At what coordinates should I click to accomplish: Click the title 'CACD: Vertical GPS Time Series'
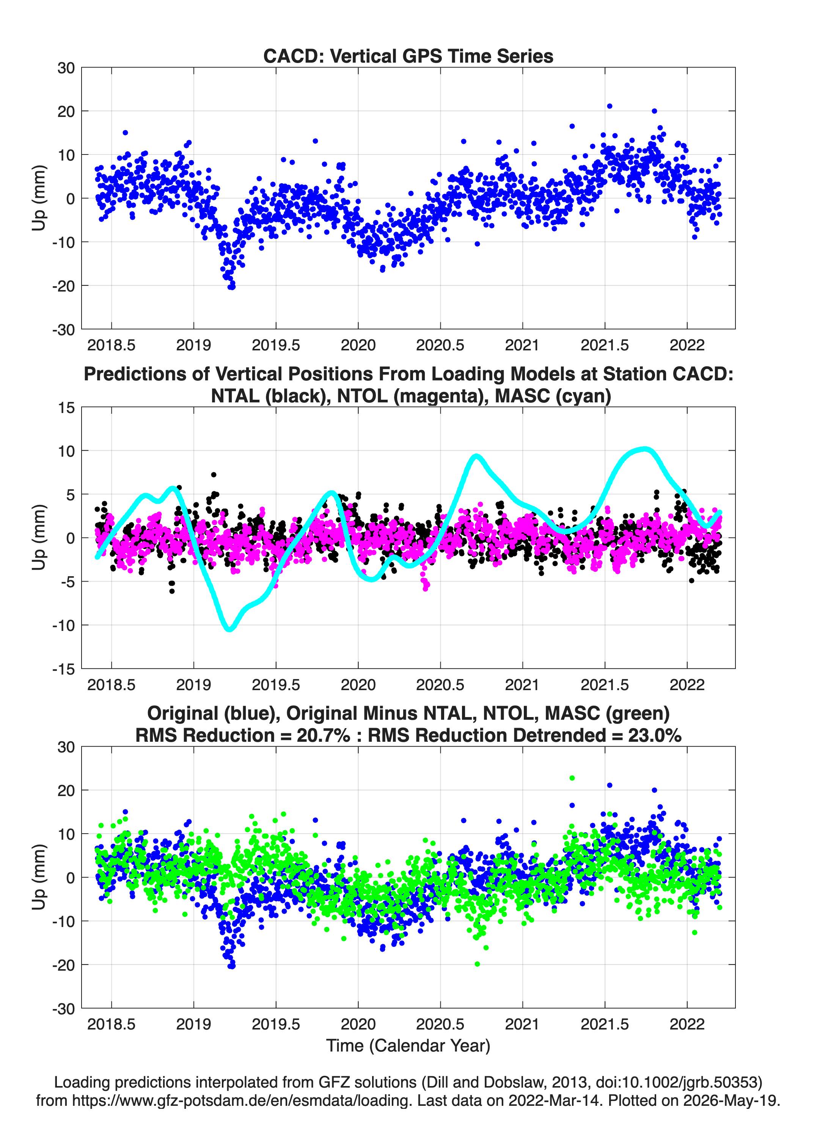coord(408,56)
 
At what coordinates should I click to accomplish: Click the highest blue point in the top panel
coord(609,106)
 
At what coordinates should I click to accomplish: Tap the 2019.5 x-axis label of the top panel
coord(276,345)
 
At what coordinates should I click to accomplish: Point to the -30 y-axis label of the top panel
coord(64,330)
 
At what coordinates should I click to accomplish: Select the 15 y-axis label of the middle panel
coord(66,408)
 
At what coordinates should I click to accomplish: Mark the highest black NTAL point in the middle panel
coord(214,475)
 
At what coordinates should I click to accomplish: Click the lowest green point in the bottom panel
coord(477,964)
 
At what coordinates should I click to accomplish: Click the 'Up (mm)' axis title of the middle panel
coord(39,538)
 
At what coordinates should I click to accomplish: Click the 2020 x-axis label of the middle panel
coord(358,685)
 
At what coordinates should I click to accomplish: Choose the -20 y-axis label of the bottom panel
coord(64,965)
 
